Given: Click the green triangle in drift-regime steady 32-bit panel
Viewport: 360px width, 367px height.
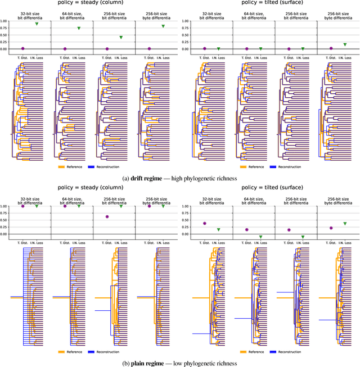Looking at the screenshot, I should (x=37, y=24).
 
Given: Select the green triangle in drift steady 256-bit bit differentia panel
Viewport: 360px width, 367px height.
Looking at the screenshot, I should (x=121, y=38).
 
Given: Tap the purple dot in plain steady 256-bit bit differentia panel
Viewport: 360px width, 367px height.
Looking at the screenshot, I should (x=107, y=216).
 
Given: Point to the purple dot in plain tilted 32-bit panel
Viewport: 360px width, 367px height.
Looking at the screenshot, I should (x=205, y=223).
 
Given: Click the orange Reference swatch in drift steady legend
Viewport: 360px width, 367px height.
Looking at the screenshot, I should (x=63, y=166).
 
